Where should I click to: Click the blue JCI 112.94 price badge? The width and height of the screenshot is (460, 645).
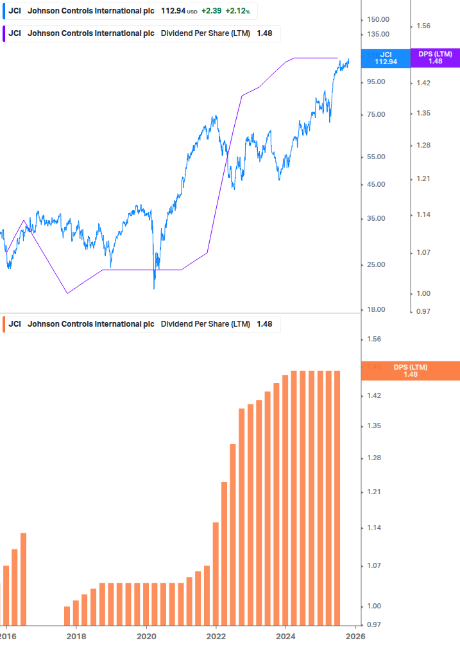click(386, 58)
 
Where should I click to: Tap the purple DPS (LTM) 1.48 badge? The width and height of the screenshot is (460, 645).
click(435, 58)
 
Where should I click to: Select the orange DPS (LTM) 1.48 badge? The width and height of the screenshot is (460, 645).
click(411, 371)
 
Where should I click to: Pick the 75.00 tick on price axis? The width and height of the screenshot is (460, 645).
click(375, 115)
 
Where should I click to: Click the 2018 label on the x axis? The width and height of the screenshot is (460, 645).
click(76, 636)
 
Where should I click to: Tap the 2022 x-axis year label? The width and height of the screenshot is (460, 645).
click(216, 636)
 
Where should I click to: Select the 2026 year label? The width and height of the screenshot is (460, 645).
click(355, 636)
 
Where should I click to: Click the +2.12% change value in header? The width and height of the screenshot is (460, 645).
click(237, 12)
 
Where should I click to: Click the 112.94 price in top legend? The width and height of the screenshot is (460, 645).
click(173, 12)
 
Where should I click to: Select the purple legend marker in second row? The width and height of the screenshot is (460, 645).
click(4, 33)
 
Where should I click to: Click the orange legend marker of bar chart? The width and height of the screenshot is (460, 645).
click(4, 324)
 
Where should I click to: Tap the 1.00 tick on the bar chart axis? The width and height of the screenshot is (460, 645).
click(373, 606)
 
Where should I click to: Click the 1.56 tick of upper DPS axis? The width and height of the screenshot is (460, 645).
click(423, 26)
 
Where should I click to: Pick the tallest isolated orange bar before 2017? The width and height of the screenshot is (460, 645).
click(24, 578)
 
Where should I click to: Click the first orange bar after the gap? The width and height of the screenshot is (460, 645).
click(67, 615)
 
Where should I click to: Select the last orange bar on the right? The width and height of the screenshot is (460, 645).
click(337, 497)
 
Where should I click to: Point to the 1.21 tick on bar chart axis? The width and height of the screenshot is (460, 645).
click(373, 492)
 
